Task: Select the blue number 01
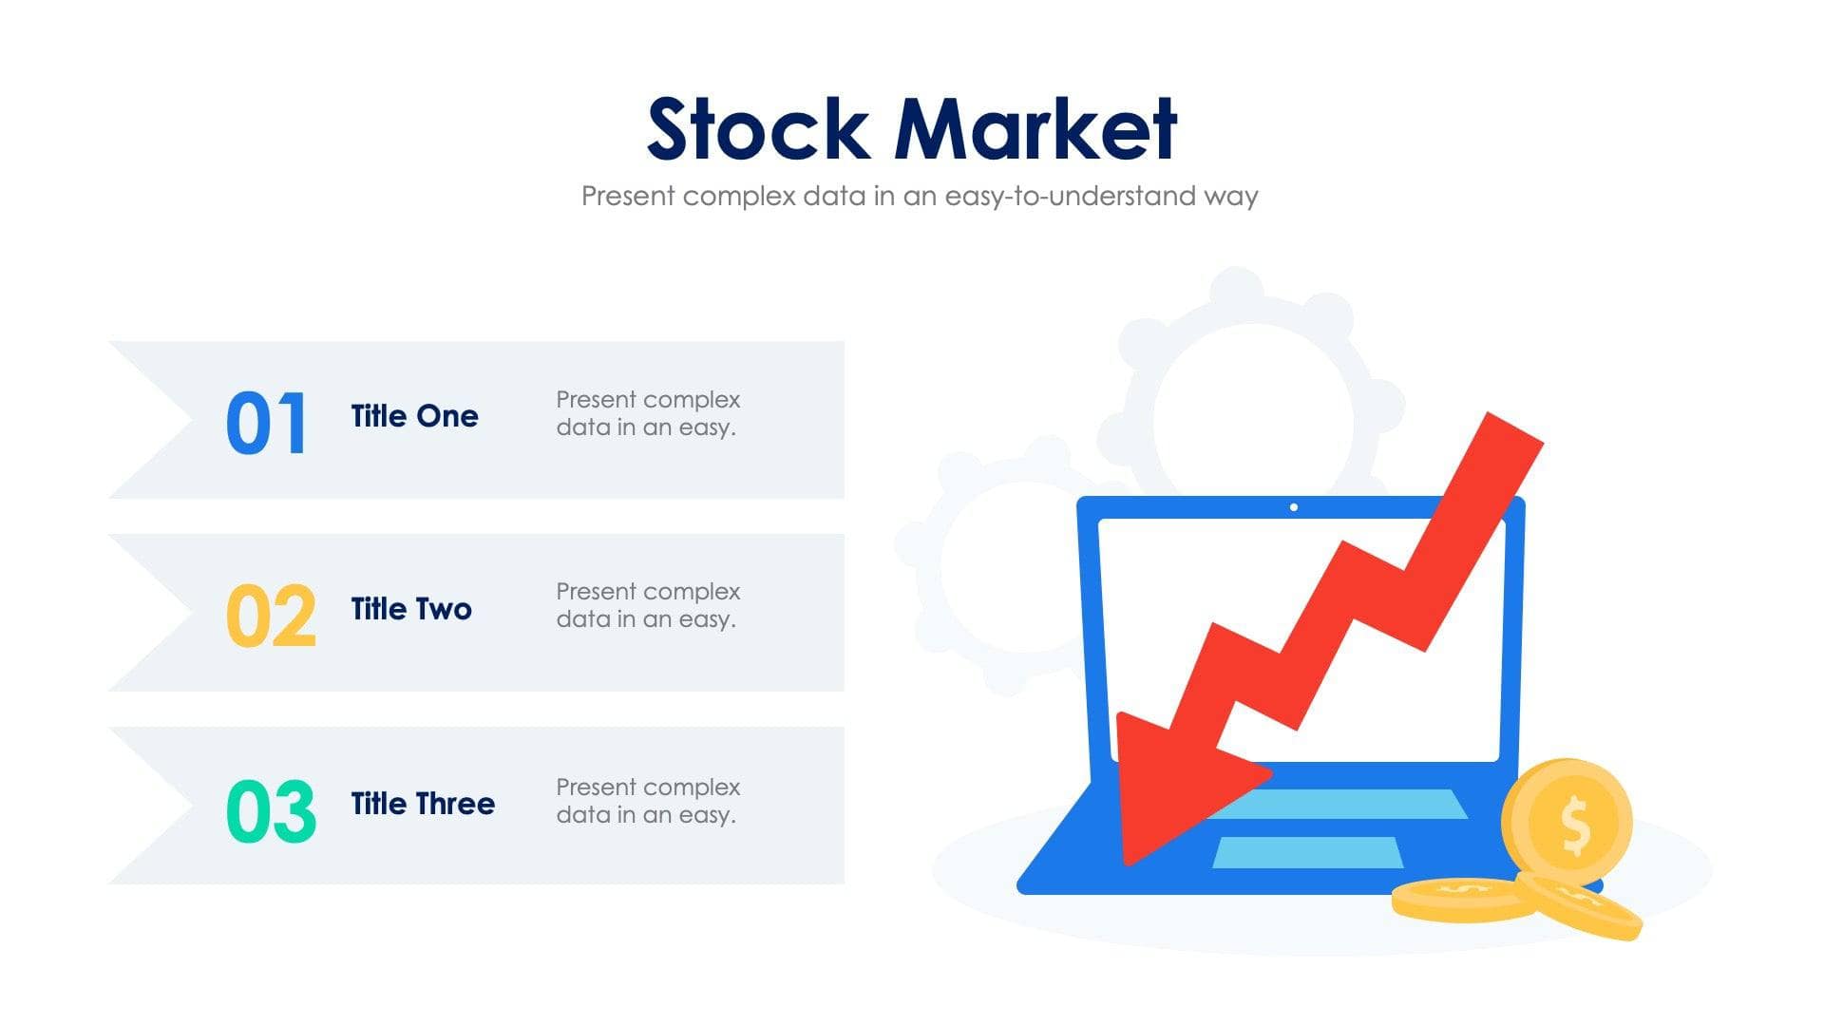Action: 267,424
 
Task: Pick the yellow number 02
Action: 271,616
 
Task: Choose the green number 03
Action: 271,811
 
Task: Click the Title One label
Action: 414,416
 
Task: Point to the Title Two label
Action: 411,609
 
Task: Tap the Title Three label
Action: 423,804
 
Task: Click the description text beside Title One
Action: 647,413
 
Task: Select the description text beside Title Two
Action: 647,605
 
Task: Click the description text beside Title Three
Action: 647,801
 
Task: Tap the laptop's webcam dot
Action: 1294,507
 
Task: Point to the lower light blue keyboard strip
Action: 1307,852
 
